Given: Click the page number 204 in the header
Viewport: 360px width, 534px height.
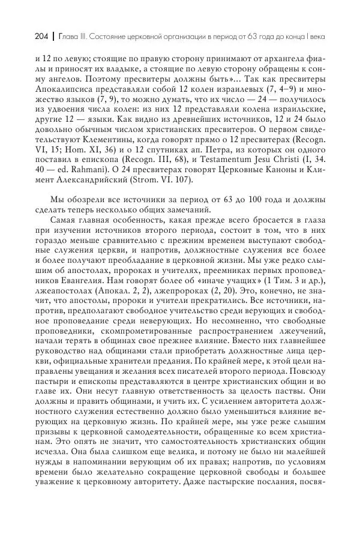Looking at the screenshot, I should [x=26, y=37].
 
